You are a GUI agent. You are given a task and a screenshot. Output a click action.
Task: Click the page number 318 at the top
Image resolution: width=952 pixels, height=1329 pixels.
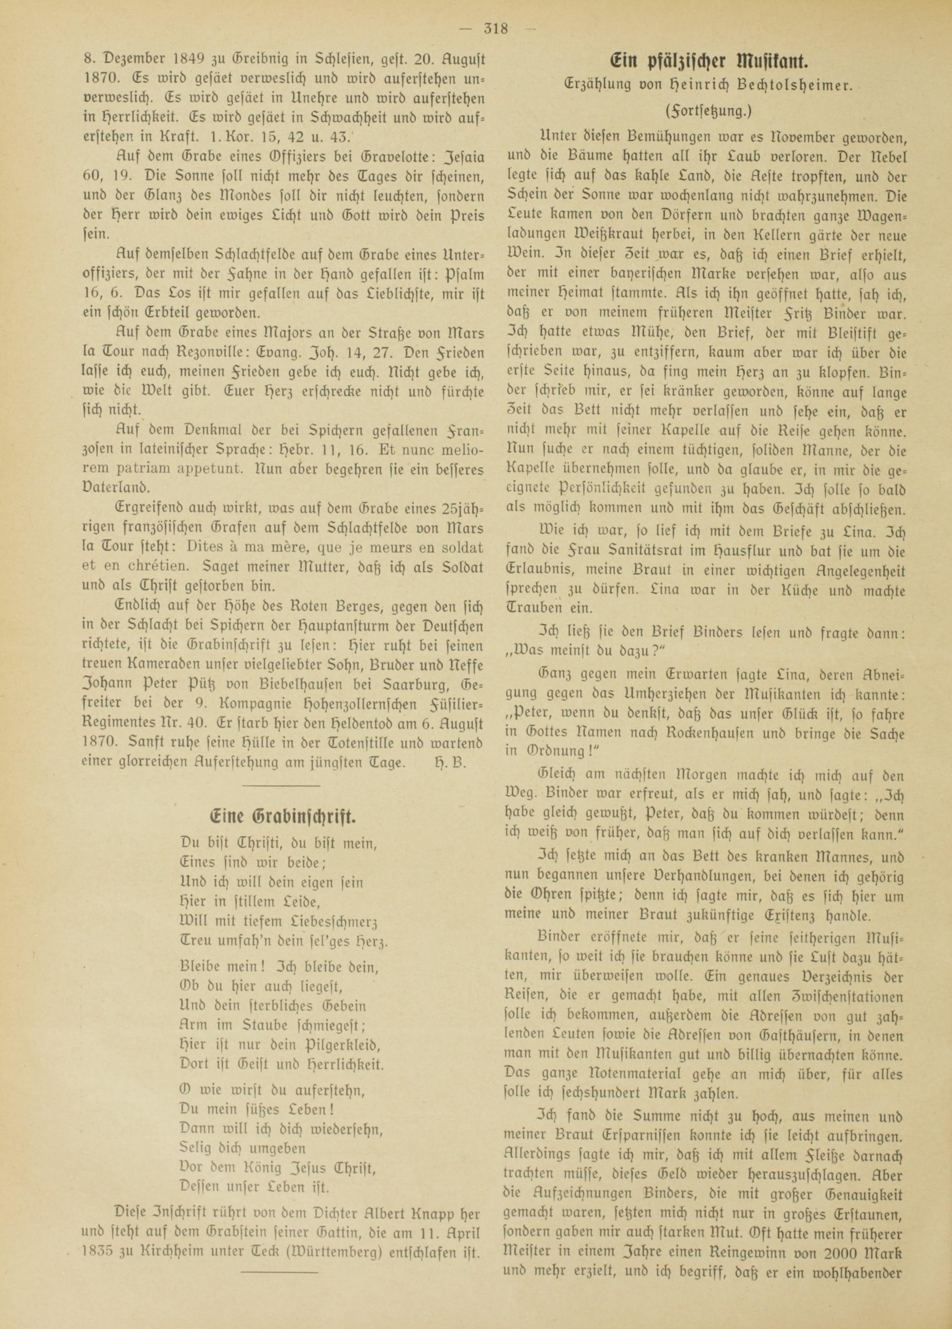(x=496, y=28)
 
